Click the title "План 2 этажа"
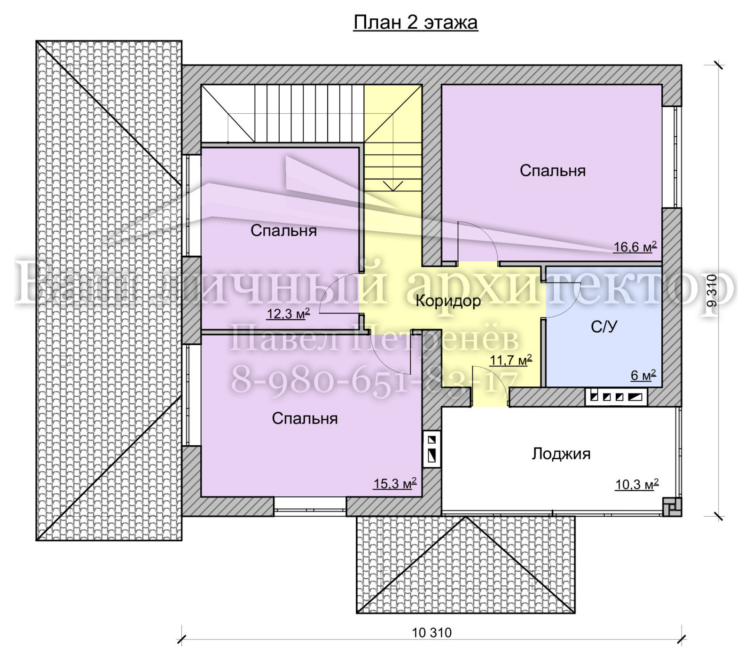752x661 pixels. tap(415, 22)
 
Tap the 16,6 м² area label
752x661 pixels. tap(635, 247)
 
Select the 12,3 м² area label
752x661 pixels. tap(288, 314)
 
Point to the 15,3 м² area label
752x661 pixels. tap(395, 483)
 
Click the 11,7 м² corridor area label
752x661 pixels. tap(511, 361)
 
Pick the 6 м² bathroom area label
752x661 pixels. tap(643, 375)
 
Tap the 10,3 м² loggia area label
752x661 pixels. tap(637, 484)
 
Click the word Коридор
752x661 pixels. tap(448, 301)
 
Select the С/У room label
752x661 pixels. tap(604, 327)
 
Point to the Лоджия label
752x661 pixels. tap(561, 454)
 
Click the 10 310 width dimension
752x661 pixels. tap(431, 633)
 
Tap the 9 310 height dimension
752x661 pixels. tap(712, 291)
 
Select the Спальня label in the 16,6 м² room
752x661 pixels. tap(553, 171)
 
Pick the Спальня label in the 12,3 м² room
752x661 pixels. tap(283, 231)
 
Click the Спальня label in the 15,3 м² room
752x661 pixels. tap(305, 419)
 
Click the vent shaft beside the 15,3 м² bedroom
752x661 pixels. tap(432, 449)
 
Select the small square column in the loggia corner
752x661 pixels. tap(672, 507)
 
